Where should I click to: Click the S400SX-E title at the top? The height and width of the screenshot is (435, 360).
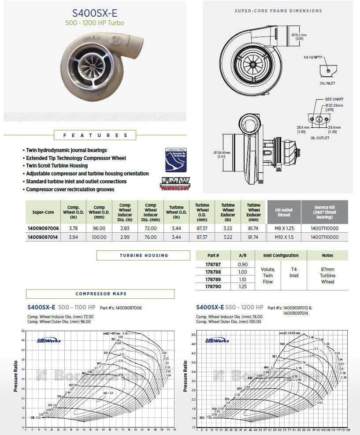tap(95, 14)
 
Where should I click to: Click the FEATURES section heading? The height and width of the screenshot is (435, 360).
tap(96, 136)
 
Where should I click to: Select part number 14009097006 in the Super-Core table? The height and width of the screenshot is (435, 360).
tap(43, 228)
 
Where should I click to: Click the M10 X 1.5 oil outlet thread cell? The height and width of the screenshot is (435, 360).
tap(284, 237)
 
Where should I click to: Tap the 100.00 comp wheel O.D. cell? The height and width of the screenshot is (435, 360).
tap(99, 237)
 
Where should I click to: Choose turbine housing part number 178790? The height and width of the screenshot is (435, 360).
tap(213, 286)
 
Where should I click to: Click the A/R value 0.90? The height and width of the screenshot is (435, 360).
tap(243, 264)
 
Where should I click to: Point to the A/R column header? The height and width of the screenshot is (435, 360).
tap(243, 255)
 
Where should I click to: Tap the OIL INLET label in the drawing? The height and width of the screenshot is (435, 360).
tap(328, 82)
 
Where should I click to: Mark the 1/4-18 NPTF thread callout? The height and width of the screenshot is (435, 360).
tap(313, 58)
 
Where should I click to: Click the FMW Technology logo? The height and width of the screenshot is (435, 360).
tap(175, 183)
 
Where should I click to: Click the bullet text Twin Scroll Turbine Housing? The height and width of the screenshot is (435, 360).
tap(56, 166)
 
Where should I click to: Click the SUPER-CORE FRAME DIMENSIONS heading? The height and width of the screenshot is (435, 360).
tap(278, 11)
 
